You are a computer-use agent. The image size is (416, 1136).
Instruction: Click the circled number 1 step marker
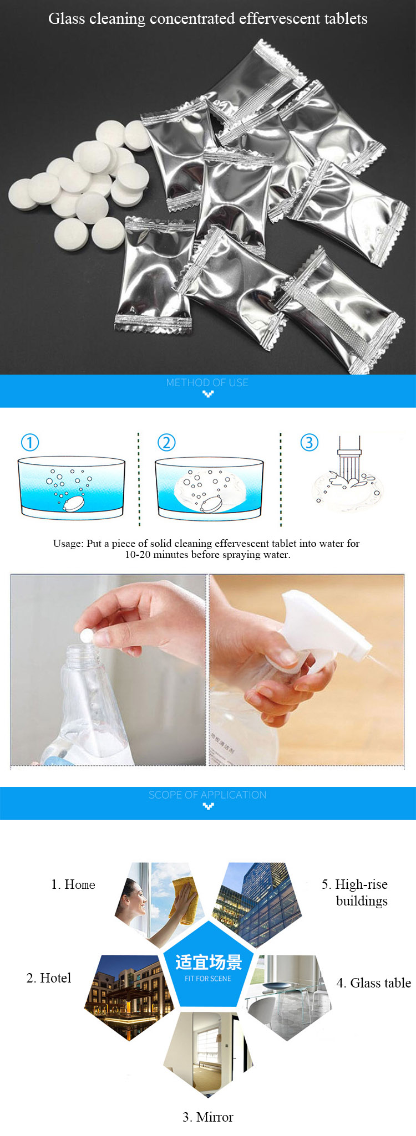[x=30, y=442]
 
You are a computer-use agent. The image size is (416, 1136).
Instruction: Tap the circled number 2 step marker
[x=166, y=442]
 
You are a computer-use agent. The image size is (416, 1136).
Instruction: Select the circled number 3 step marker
[x=309, y=442]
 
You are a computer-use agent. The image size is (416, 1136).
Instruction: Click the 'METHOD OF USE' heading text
[x=207, y=382]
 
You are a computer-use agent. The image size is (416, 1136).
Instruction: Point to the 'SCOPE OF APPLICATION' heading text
[x=207, y=795]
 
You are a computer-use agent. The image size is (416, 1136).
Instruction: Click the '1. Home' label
[x=73, y=884]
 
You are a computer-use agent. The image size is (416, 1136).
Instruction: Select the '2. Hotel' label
[x=49, y=978]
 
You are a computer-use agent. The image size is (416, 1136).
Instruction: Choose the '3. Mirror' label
[x=208, y=1117]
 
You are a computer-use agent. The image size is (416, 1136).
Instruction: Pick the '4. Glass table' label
[x=374, y=983]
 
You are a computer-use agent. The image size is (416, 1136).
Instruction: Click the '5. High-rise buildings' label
[x=355, y=892]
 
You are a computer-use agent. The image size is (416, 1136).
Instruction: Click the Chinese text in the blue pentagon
[x=209, y=963]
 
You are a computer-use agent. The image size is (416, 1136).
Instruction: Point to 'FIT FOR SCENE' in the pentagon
[x=208, y=979]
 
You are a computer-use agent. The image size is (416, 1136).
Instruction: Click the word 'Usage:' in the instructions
[x=68, y=544]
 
